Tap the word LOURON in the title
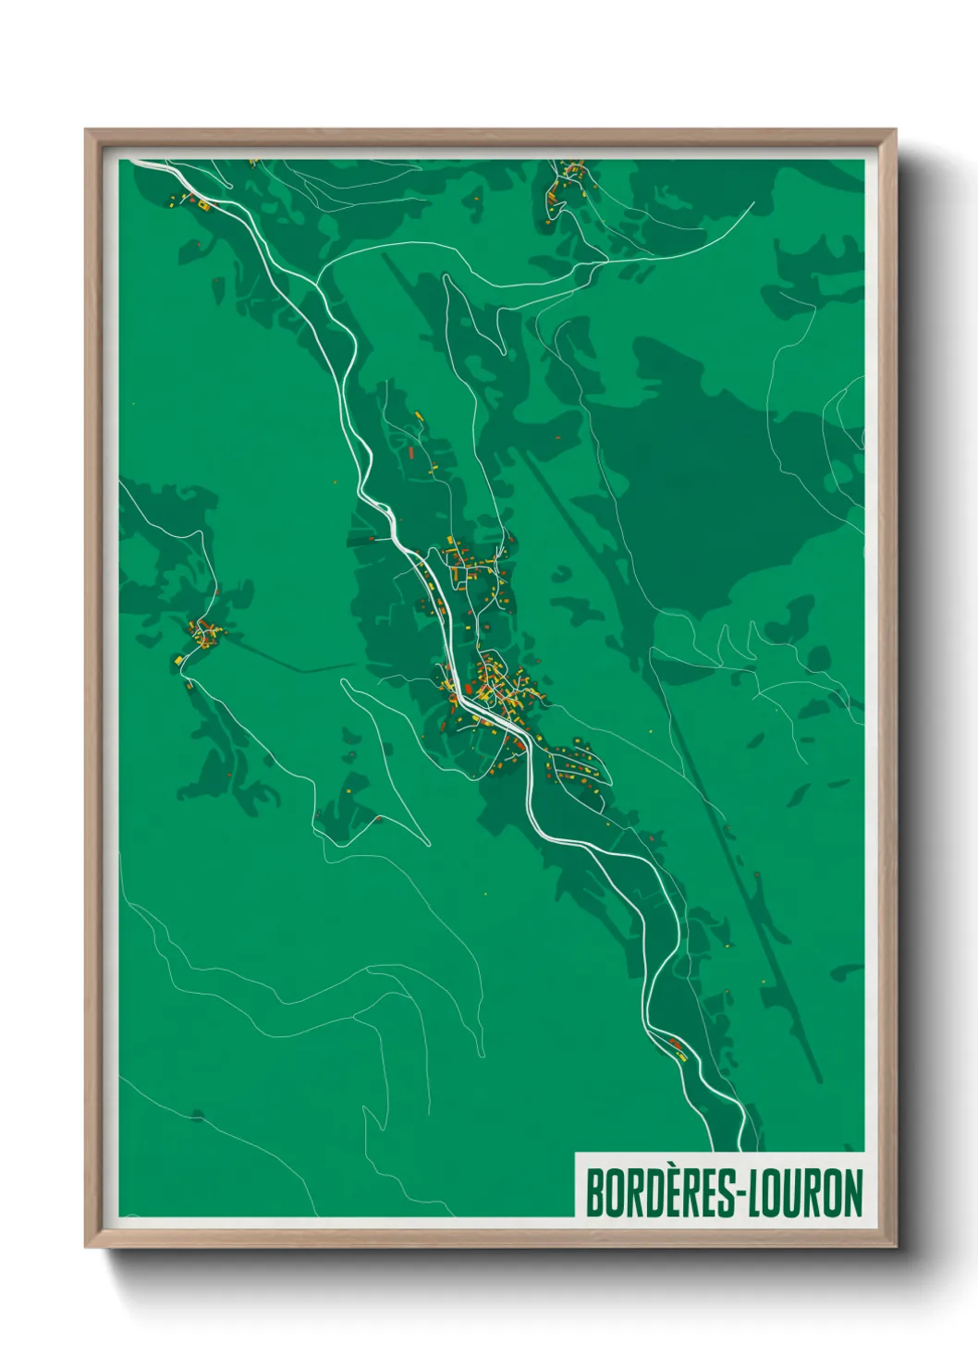pos(804,1192)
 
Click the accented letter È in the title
pos(669,1192)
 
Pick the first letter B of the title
pos(595,1192)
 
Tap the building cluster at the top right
pos(566,181)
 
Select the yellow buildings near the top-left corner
pos(198,202)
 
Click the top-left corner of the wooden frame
pos(88,132)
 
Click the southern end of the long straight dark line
pos(818,1080)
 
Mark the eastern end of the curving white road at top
pos(754,203)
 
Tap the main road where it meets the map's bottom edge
pos(742,1149)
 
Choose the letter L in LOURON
pos(755,1192)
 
